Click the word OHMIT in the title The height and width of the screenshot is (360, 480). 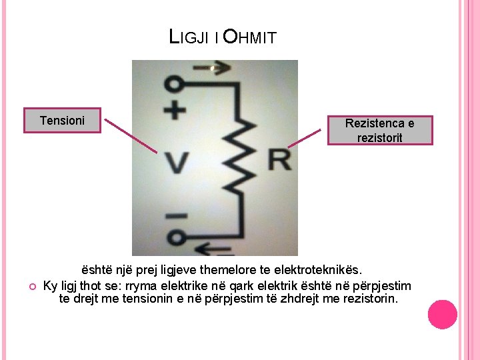[249, 37]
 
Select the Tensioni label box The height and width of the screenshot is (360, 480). [62, 121]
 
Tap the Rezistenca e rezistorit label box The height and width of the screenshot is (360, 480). [379, 131]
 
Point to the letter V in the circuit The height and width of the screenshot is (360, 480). [177, 161]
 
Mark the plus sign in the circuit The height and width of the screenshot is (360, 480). [175, 110]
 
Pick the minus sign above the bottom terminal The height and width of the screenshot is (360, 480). [175, 217]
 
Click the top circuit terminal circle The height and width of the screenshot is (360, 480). [175, 85]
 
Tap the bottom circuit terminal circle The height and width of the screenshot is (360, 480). [175, 237]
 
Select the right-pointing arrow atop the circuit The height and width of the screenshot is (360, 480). [211, 67]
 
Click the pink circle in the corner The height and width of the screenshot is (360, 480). [443, 314]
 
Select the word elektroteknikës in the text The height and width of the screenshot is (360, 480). [318, 271]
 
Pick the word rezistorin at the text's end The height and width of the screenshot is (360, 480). [371, 299]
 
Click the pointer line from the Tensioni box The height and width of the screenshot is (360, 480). [131, 136]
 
